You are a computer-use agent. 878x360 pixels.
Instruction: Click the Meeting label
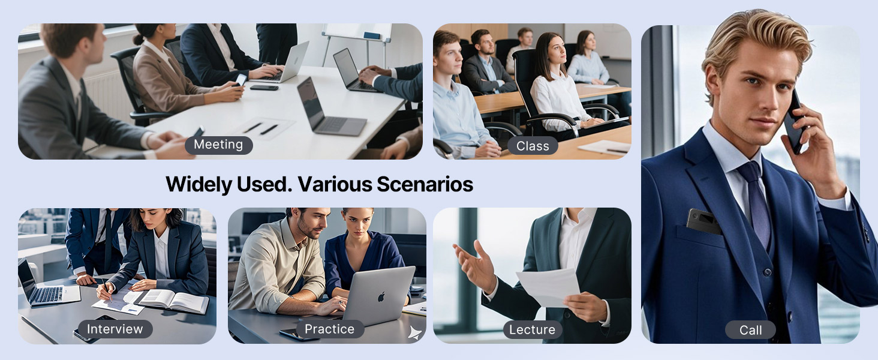218,145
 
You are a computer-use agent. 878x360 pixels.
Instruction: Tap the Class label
533,146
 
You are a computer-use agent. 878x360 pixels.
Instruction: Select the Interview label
115,329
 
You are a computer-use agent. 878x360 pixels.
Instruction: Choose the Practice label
329,329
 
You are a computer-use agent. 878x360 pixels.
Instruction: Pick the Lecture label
532,329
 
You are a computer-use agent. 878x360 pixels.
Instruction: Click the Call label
750,330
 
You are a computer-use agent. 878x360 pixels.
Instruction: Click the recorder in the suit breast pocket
704,221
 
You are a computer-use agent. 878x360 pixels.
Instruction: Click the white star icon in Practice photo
413,332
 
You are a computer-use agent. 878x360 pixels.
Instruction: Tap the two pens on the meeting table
261,128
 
